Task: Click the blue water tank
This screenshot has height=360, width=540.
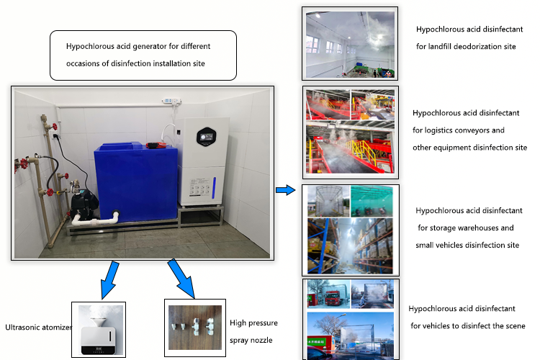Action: [x=136, y=181]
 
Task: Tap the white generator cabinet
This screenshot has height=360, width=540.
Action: [x=205, y=161]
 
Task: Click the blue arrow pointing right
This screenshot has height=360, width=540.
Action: [x=286, y=190]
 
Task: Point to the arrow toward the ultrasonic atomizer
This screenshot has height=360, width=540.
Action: [x=110, y=280]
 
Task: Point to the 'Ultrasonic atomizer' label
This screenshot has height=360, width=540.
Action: [x=38, y=328]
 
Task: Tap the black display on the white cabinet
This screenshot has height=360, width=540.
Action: [x=207, y=137]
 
